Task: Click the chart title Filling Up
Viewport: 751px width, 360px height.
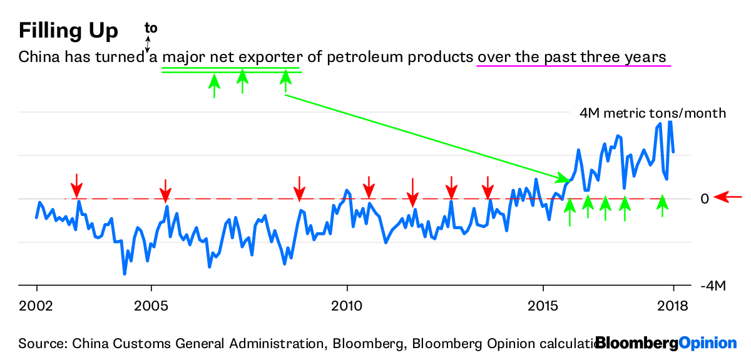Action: tap(68, 31)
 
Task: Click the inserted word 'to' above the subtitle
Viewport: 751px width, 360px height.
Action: tap(151, 28)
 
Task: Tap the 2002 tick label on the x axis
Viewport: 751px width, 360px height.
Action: tap(36, 306)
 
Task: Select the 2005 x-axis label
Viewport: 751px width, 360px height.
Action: tap(151, 306)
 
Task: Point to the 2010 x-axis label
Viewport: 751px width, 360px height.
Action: tap(347, 306)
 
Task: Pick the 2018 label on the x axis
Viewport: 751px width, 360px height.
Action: tap(673, 306)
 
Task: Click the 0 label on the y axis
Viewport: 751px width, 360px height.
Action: tap(705, 198)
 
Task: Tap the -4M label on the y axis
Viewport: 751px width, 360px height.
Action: tap(713, 286)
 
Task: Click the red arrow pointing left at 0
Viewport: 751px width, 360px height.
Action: tap(728, 198)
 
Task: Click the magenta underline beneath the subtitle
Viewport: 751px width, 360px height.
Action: tap(573, 66)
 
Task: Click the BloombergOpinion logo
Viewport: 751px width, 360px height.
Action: tap(666, 343)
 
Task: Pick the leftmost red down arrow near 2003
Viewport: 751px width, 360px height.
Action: tap(76, 185)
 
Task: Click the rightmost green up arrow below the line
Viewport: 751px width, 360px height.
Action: tap(663, 206)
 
